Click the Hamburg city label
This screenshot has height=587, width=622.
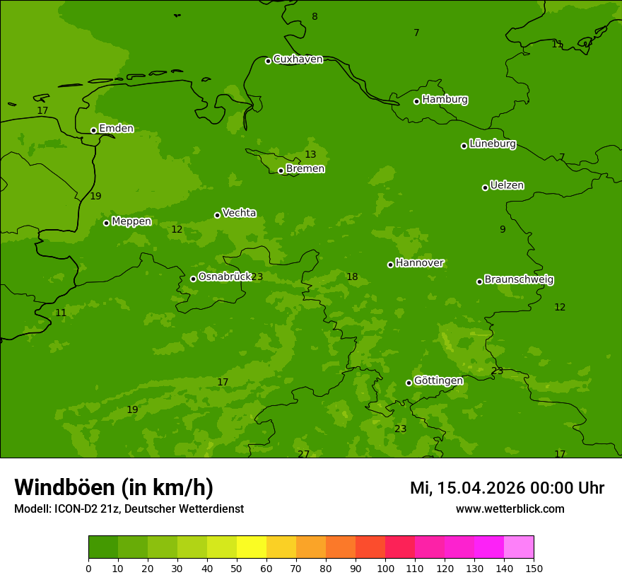tap(445, 100)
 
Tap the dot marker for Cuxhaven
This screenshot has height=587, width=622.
tap(268, 61)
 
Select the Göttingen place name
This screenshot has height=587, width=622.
tap(438, 381)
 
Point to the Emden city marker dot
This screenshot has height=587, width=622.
tap(93, 130)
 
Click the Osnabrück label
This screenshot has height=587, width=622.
tap(225, 277)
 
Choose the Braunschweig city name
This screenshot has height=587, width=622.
tap(519, 280)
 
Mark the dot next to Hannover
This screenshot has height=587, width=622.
tap(390, 265)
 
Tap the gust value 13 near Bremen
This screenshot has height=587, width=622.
tap(310, 155)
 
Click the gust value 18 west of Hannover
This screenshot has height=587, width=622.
tap(352, 277)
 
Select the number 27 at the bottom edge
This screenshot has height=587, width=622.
tap(303, 454)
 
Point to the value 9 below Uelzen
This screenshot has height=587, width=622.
tap(503, 230)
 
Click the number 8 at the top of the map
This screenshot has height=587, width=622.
tap(315, 17)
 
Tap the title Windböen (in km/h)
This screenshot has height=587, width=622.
tap(114, 487)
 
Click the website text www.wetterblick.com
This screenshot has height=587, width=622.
tap(510, 509)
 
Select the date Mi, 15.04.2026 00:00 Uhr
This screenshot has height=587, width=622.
tap(507, 488)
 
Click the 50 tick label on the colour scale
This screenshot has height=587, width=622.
tap(237, 568)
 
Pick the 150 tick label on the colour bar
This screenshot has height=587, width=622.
tap(534, 568)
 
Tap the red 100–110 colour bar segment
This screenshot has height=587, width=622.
tap(400, 547)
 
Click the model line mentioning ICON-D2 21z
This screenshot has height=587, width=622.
tap(129, 509)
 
